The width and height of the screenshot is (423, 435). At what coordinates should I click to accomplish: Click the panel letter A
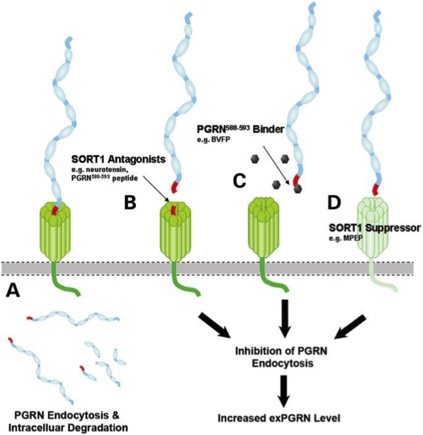13,290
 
